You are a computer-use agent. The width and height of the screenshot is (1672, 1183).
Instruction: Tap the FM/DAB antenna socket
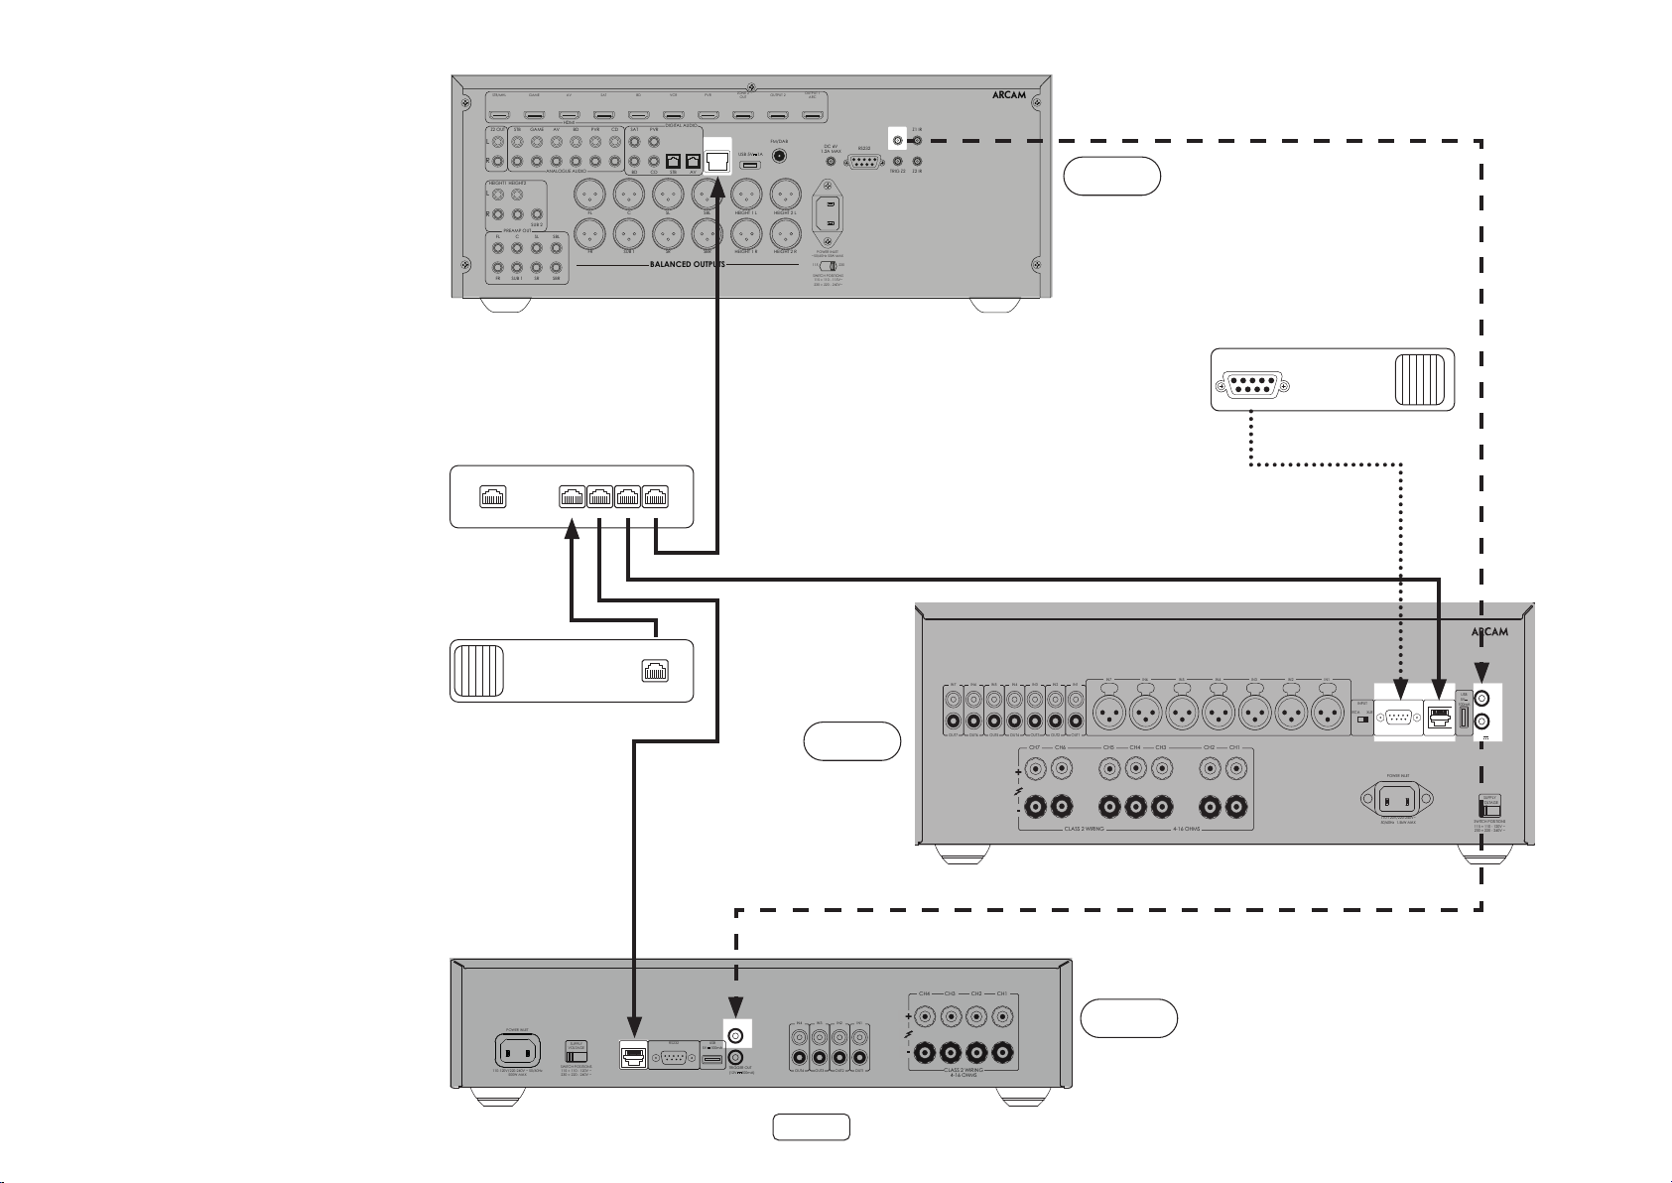[779, 155]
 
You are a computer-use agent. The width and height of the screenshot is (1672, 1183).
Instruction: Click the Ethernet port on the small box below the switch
[655, 671]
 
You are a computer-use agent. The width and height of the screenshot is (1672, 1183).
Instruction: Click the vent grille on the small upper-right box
[1417, 378]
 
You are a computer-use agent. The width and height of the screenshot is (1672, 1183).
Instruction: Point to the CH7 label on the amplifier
[1034, 746]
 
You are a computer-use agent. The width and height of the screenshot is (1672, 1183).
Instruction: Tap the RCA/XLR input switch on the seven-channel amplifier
[1360, 713]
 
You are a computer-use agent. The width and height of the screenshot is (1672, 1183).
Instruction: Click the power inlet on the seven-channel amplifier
[1396, 798]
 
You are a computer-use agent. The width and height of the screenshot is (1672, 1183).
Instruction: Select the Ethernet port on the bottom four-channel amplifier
[632, 1057]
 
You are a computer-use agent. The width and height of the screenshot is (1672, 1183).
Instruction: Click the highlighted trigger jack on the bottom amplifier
[736, 1036]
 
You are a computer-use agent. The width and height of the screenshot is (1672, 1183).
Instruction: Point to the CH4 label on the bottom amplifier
[925, 993]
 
